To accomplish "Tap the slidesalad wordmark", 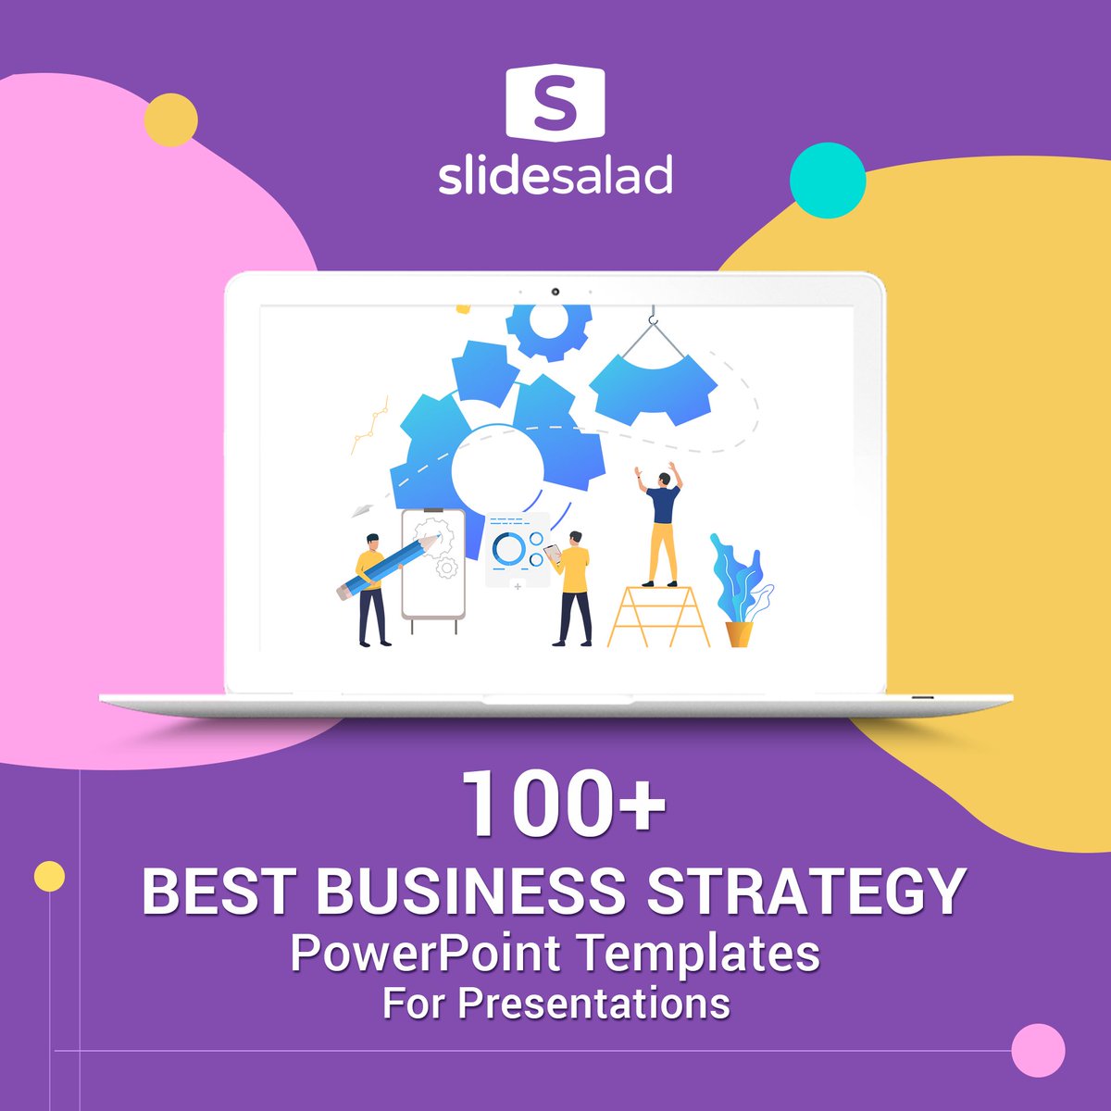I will (x=555, y=176).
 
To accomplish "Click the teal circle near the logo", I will (x=828, y=181).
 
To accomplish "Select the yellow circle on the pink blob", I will (x=171, y=120).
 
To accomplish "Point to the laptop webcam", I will (x=555, y=292).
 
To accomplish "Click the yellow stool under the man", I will (x=657, y=617).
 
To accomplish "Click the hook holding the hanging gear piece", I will (x=654, y=320).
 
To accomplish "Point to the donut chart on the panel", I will (x=507, y=549).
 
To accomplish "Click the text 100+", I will (x=564, y=804).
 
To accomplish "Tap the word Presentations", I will (x=593, y=1003).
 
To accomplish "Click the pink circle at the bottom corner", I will (x=1038, y=1051).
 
